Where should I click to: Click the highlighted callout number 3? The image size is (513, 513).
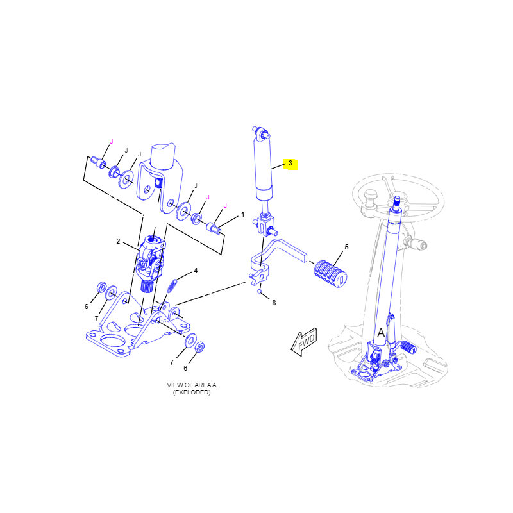290,163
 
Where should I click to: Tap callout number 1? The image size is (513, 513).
243,215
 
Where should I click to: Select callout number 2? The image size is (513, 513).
119,242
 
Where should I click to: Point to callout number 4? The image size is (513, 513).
196,271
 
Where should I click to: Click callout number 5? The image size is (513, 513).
346,247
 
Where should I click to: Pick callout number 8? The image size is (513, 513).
274,303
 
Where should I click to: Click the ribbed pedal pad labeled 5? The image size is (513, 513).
330,274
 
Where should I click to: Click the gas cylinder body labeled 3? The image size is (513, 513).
264,169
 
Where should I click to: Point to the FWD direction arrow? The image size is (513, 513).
304,342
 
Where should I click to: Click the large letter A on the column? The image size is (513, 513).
381,333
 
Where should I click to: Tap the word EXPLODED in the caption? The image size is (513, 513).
192,392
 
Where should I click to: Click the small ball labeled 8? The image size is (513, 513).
260,291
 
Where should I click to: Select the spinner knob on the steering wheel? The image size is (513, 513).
371,198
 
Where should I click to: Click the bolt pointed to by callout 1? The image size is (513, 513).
214,228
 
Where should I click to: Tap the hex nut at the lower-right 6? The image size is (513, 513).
199,347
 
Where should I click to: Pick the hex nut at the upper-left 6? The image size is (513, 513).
101,287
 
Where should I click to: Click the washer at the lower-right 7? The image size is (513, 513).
190,341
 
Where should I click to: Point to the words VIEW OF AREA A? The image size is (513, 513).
192,385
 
